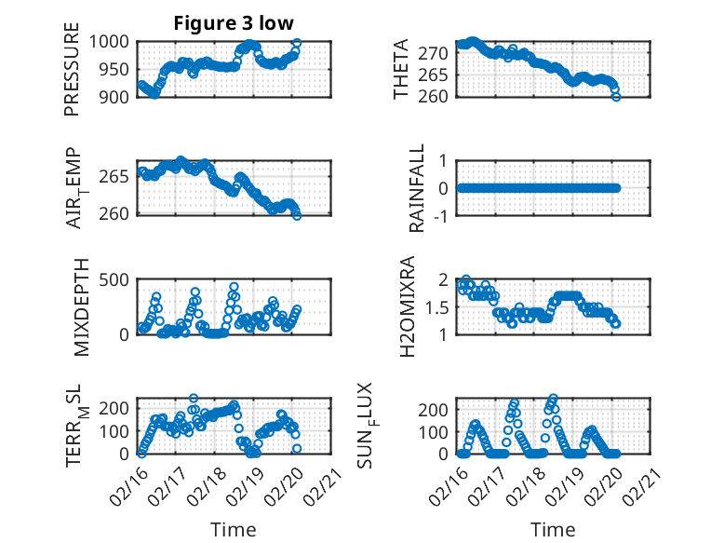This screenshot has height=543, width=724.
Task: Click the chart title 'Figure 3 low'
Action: pos(234,23)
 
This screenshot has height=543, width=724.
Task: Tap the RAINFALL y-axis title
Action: pos(418,187)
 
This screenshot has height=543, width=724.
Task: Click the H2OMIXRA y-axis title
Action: pos(407,306)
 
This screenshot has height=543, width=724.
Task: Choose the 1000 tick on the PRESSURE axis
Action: pos(115,42)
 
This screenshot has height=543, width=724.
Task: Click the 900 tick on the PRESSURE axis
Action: pos(120,96)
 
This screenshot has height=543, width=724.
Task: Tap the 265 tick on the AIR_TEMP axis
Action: pos(120,177)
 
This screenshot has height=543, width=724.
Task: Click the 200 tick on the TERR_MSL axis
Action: pos(120,408)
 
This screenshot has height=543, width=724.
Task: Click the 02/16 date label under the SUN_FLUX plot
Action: pos(450,482)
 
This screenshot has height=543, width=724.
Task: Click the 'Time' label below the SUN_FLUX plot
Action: pos(553,529)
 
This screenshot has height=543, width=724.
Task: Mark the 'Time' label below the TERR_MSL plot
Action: pos(233,529)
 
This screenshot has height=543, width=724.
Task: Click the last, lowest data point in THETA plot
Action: pos(616,96)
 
